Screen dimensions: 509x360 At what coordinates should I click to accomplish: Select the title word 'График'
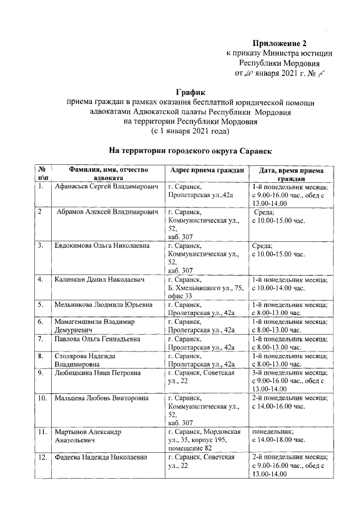[x=191, y=92]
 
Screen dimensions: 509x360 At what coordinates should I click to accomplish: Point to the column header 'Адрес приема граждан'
[x=206, y=170]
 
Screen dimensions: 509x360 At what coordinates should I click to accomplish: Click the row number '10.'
[x=42, y=399]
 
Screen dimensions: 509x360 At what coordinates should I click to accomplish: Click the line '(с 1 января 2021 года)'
[x=191, y=131]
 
